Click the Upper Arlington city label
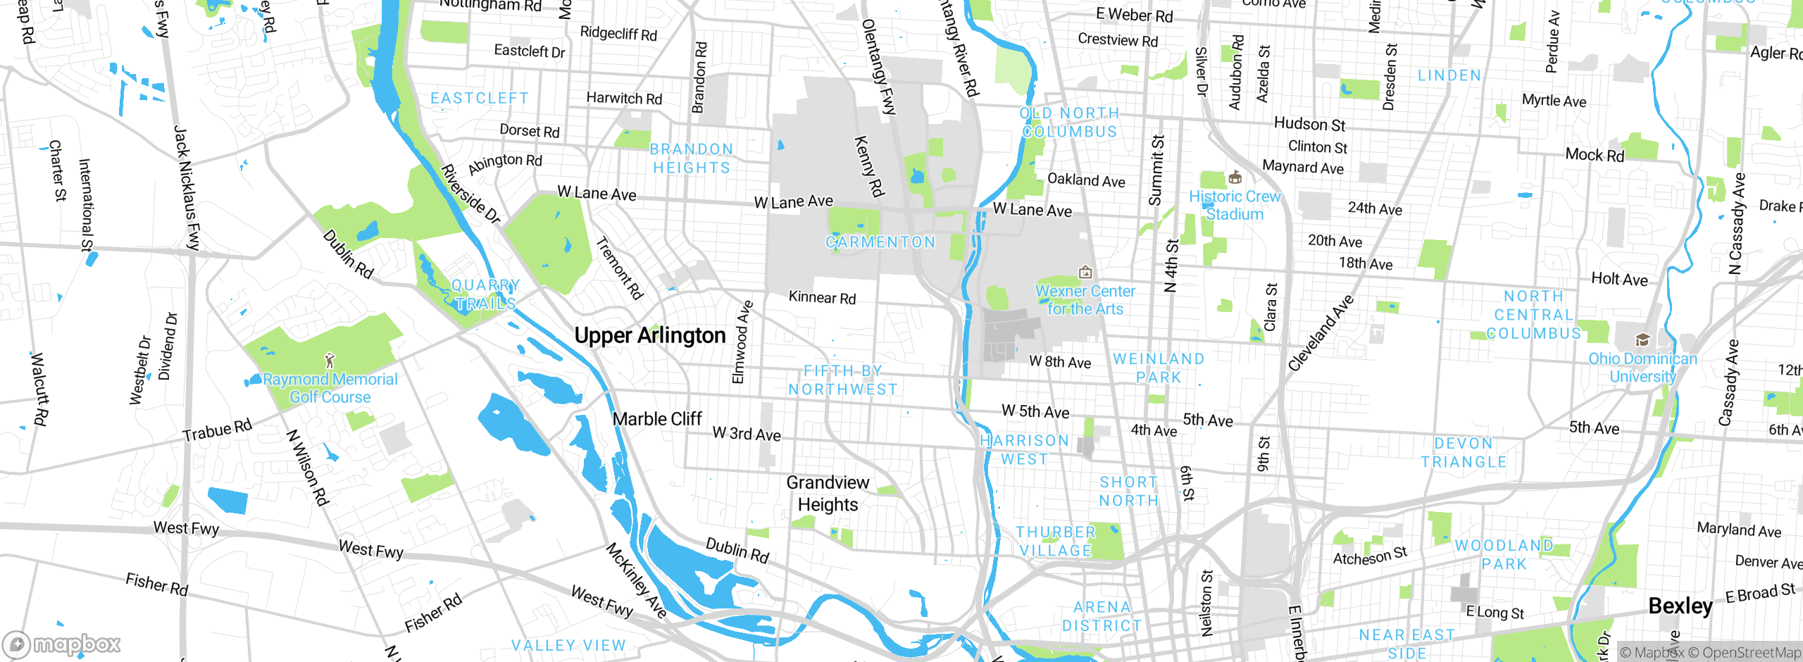649,336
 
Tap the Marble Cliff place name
656,419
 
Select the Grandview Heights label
828,494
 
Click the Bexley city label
1680,606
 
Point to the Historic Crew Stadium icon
1235,177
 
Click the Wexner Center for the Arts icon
1085,272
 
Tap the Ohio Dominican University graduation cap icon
1642,340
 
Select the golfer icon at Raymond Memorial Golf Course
330,361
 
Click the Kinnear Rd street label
822,297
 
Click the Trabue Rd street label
217,430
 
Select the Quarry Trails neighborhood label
485,294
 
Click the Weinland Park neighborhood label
1159,368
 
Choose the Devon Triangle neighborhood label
1464,453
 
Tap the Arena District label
1102,616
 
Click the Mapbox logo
62,644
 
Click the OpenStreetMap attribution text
1749,653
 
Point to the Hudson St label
1309,124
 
